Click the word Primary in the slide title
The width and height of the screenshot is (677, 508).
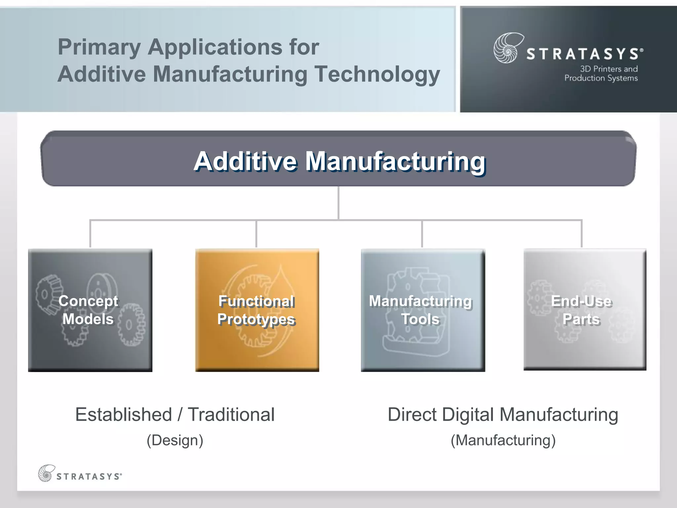[99, 47]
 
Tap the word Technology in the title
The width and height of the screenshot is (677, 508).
[377, 74]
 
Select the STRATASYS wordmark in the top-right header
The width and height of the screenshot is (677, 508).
[582, 54]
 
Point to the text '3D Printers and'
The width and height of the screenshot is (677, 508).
[609, 69]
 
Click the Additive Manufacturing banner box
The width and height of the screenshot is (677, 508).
[338, 159]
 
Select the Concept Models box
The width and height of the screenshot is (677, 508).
[90, 310]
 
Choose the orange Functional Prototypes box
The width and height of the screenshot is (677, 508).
[257, 310]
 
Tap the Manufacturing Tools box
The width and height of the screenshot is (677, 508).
[423, 310]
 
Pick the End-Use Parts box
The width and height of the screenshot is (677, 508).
[584, 309]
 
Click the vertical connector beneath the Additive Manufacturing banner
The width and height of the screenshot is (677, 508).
[338, 202]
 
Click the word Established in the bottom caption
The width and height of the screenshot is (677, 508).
[124, 415]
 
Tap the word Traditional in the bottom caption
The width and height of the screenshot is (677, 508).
[231, 415]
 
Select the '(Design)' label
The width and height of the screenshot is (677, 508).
[175, 441]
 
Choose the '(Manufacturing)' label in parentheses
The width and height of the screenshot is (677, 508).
[503, 441]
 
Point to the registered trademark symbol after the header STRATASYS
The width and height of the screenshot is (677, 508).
[642, 50]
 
